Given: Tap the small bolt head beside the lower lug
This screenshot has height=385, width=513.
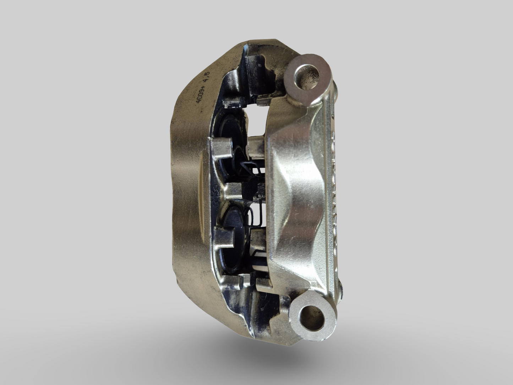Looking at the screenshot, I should click(x=341, y=289).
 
